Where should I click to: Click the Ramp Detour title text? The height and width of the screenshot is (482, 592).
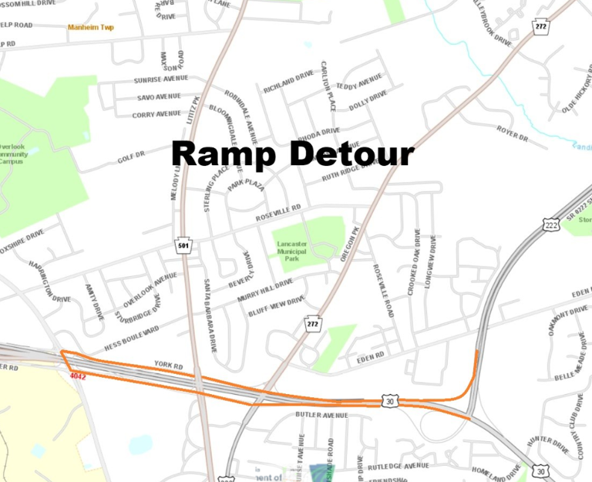click(292, 154)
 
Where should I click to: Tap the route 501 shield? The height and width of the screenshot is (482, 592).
click(183, 246)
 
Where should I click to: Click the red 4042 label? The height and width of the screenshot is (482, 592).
click(77, 376)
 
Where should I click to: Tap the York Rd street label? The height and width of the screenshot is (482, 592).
click(167, 364)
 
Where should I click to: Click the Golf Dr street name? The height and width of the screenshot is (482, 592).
click(131, 157)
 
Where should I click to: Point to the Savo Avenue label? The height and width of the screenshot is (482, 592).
click(157, 97)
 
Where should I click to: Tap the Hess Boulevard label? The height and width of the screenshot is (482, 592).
click(132, 338)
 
